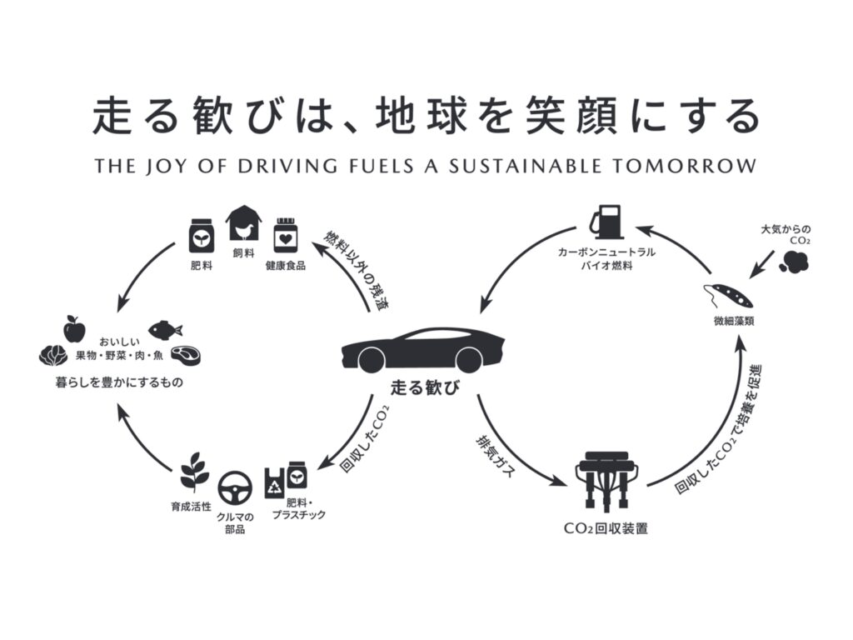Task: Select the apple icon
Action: click(x=75, y=328)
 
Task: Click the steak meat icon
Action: click(x=187, y=356)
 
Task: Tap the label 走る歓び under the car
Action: click(x=426, y=388)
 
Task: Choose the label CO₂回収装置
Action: click(x=606, y=528)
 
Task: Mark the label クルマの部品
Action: click(x=235, y=523)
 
